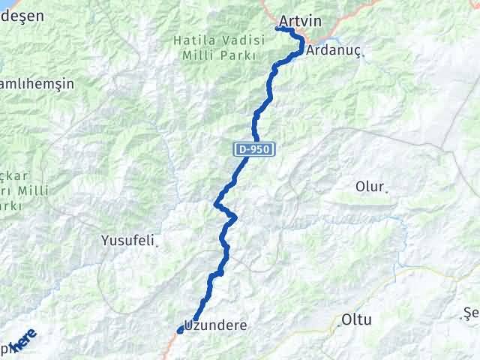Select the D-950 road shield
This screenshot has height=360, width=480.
coord(254,150)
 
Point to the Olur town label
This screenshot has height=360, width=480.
coord(370,186)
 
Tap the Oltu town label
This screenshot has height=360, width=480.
coord(356,319)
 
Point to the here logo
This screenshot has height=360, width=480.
coord(21,341)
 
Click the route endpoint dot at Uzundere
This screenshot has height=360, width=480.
coord(180,330)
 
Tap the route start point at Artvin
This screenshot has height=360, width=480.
coord(278,28)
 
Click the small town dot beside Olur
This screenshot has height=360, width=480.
coord(387,192)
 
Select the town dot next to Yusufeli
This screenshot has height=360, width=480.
coord(157,244)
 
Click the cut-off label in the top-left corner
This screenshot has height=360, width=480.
coord(22,15)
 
